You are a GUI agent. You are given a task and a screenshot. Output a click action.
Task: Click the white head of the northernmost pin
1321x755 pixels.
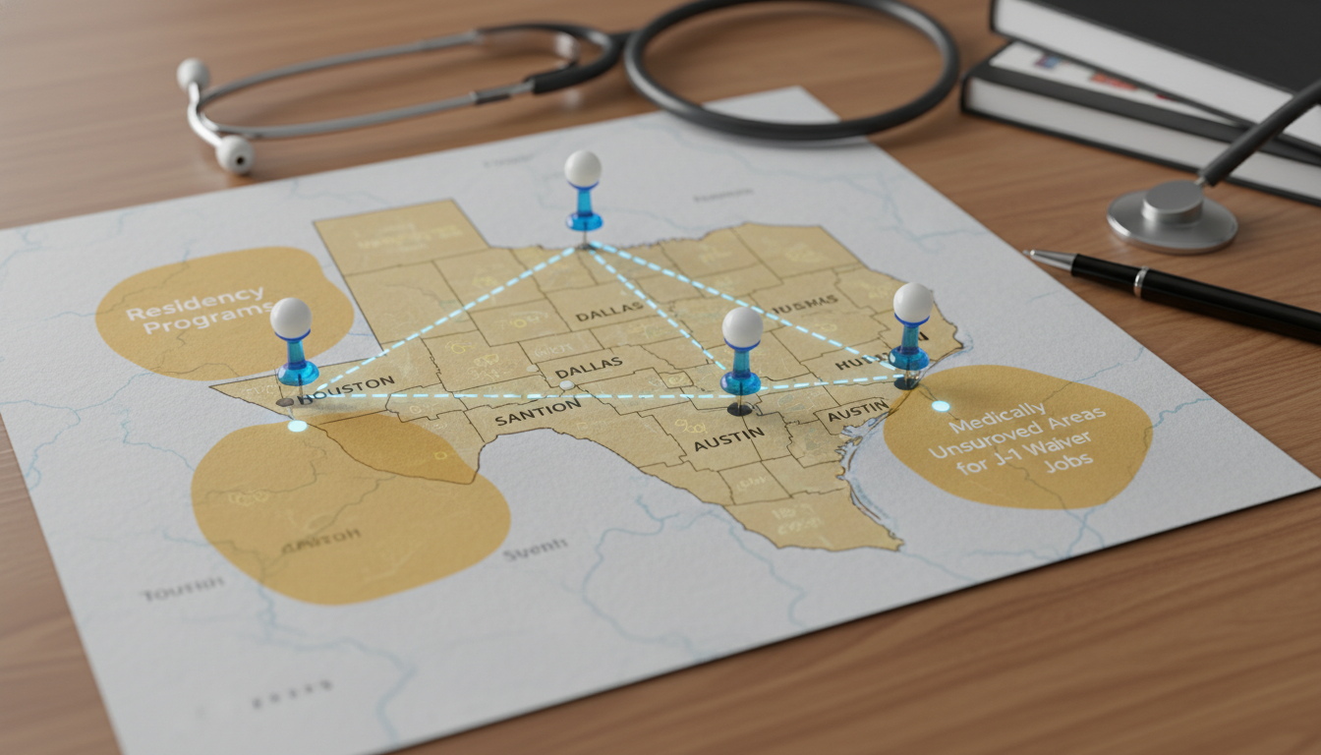[583, 168]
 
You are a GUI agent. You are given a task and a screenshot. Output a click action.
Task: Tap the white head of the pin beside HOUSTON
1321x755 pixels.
[291, 319]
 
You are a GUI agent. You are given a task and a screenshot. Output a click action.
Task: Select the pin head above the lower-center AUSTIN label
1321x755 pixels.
[742, 327]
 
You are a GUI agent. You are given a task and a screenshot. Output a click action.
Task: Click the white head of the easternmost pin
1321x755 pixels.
[913, 303]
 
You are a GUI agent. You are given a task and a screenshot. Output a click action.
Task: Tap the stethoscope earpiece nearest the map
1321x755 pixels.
[235, 153]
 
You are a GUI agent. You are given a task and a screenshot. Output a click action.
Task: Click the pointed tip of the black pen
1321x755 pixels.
[1028, 254]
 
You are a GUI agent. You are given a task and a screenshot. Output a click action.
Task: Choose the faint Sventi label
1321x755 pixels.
[535, 552]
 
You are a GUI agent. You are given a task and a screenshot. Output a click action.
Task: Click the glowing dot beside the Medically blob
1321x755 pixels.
[941, 406]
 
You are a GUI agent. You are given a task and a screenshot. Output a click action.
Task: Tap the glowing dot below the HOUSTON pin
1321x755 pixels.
[297, 426]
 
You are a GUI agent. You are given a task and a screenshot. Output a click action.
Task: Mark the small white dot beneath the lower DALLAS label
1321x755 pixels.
[566, 384]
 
